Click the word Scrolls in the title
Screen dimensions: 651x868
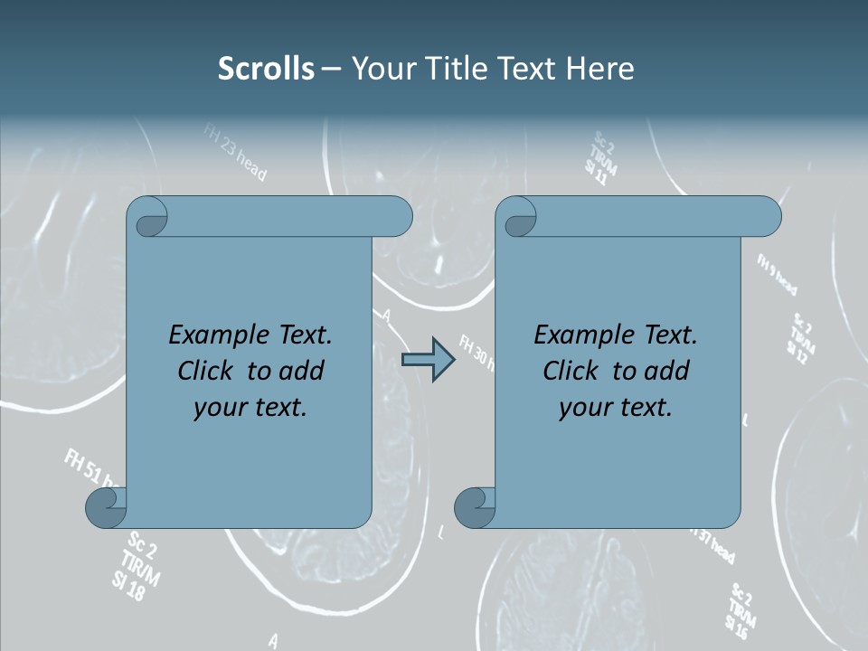(x=267, y=69)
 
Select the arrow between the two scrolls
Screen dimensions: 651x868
(x=428, y=360)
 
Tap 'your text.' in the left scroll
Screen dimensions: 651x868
(x=250, y=407)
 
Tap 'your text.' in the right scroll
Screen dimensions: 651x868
(x=616, y=407)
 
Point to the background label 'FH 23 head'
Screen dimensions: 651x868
(x=234, y=153)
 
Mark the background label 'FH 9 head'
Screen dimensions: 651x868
(x=777, y=275)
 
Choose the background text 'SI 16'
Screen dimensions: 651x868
(x=740, y=623)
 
